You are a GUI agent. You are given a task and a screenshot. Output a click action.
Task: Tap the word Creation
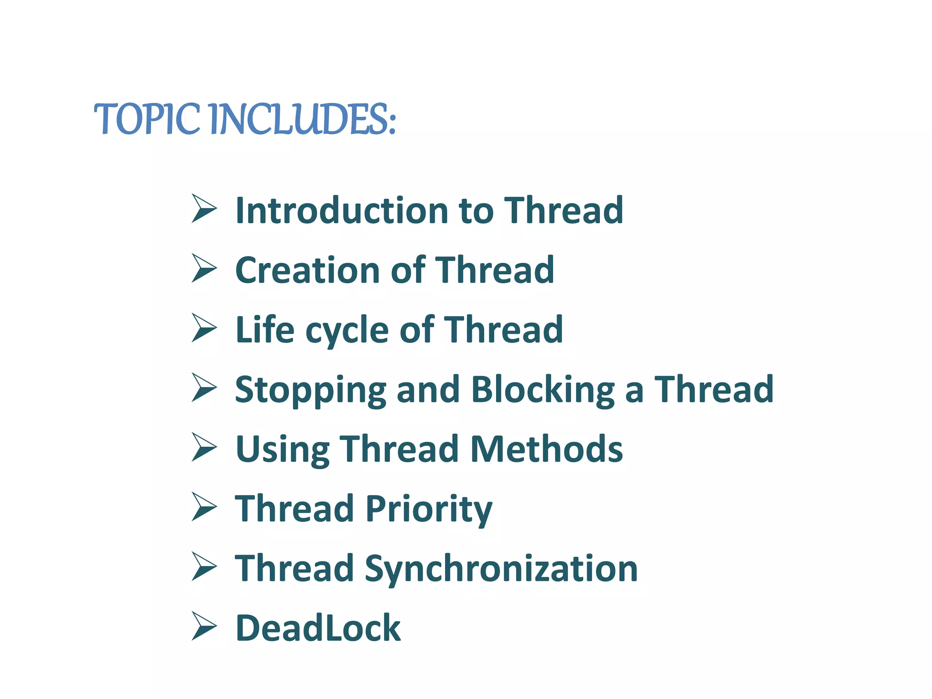pyautogui.click(x=306, y=270)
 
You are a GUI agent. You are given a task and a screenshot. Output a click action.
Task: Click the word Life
pyautogui.click(x=265, y=329)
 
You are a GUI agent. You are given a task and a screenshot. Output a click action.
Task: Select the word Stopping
pyautogui.click(x=310, y=390)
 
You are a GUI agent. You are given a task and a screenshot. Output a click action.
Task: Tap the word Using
pyautogui.click(x=282, y=450)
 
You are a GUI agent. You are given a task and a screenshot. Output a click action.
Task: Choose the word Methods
pyautogui.click(x=546, y=449)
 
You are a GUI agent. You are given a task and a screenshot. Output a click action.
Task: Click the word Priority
pyautogui.click(x=429, y=509)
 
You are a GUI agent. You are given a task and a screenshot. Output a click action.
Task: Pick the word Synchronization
pyautogui.click(x=501, y=569)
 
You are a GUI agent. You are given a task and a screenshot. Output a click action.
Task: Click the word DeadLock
pyautogui.click(x=318, y=628)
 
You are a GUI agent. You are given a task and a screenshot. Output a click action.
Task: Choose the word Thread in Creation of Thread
pyautogui.click(x=495, y=270)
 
